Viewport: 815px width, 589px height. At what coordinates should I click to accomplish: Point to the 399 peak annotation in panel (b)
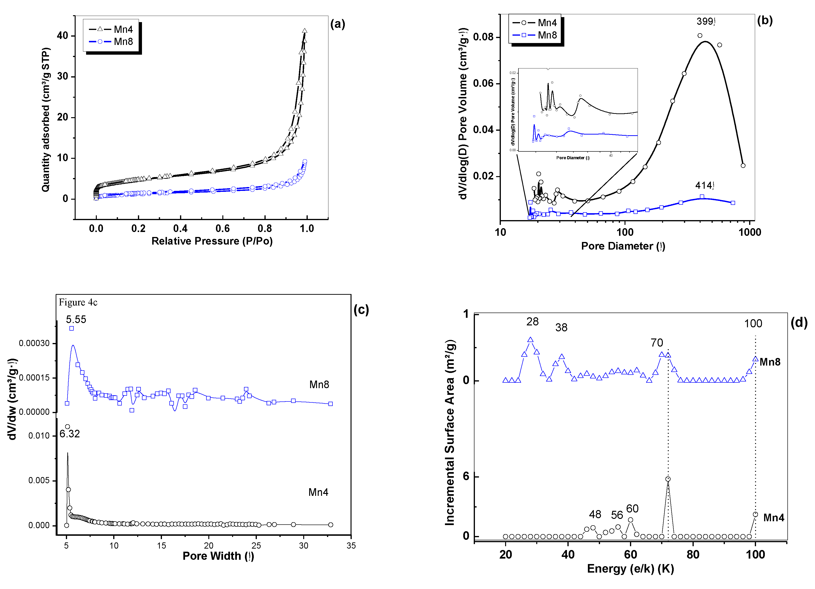pyautogui.click(x=705, y=22)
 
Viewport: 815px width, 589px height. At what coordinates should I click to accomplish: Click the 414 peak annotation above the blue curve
pyautogui.click(x=704, y=185)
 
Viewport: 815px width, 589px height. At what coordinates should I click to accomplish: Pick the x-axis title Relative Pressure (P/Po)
pyautogui.click(x=212, y=241)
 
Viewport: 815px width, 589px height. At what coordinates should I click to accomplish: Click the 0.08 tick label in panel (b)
pyautogui.click(x=483, y=37)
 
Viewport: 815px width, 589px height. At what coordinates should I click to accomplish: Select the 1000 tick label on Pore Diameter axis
pyautogui.click(x=750, y=232)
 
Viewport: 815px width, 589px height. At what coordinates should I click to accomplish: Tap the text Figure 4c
pyautogui.click(x=78, y=302)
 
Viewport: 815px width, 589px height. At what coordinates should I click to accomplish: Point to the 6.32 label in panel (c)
pyautogui.click(x=70, y=434)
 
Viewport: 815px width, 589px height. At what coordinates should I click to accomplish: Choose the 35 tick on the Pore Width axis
pyautogui.click(x=351, y=546)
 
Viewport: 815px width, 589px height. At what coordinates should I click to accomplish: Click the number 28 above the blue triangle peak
pyautogui.click(x=532, y=322)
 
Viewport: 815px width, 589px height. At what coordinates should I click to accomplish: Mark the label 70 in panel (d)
pyautogui.click(x=657, y=343)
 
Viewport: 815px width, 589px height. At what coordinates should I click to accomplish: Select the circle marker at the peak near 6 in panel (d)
pyautogui.click(x=668, y=479)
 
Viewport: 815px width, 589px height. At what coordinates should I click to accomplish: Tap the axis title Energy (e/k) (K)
pyautogui.click(x=630, y=569)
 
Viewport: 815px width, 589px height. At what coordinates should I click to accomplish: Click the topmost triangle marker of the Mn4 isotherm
pyautogui.click(x=305, y=31)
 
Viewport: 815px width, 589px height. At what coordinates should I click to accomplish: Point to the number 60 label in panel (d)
pyautogui.click(x=632, y=509)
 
